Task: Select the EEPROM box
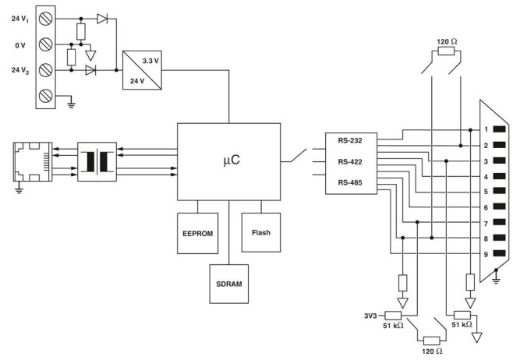point(198,231)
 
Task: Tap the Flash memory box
point(260,231)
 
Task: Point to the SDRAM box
point(229,283)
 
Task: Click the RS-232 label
point(351,140)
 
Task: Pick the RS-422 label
point(351,161)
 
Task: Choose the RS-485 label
point(351,182)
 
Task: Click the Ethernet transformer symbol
point(97,161)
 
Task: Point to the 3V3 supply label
point(370,316)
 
